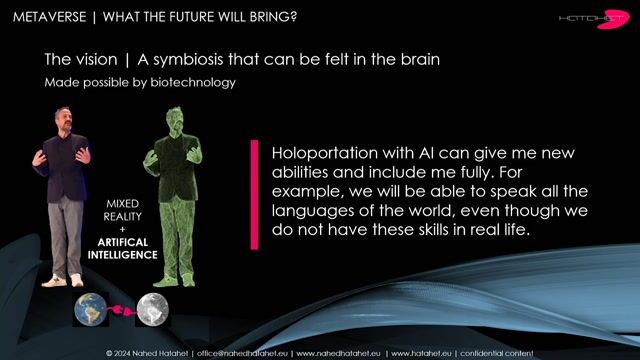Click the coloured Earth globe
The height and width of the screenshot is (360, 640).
[x=90, y=311]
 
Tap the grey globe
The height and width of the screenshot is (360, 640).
[x=152, y=310]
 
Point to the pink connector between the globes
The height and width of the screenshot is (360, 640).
[x=121, y=311]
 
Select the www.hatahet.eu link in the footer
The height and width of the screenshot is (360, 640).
[x=419, y=353]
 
